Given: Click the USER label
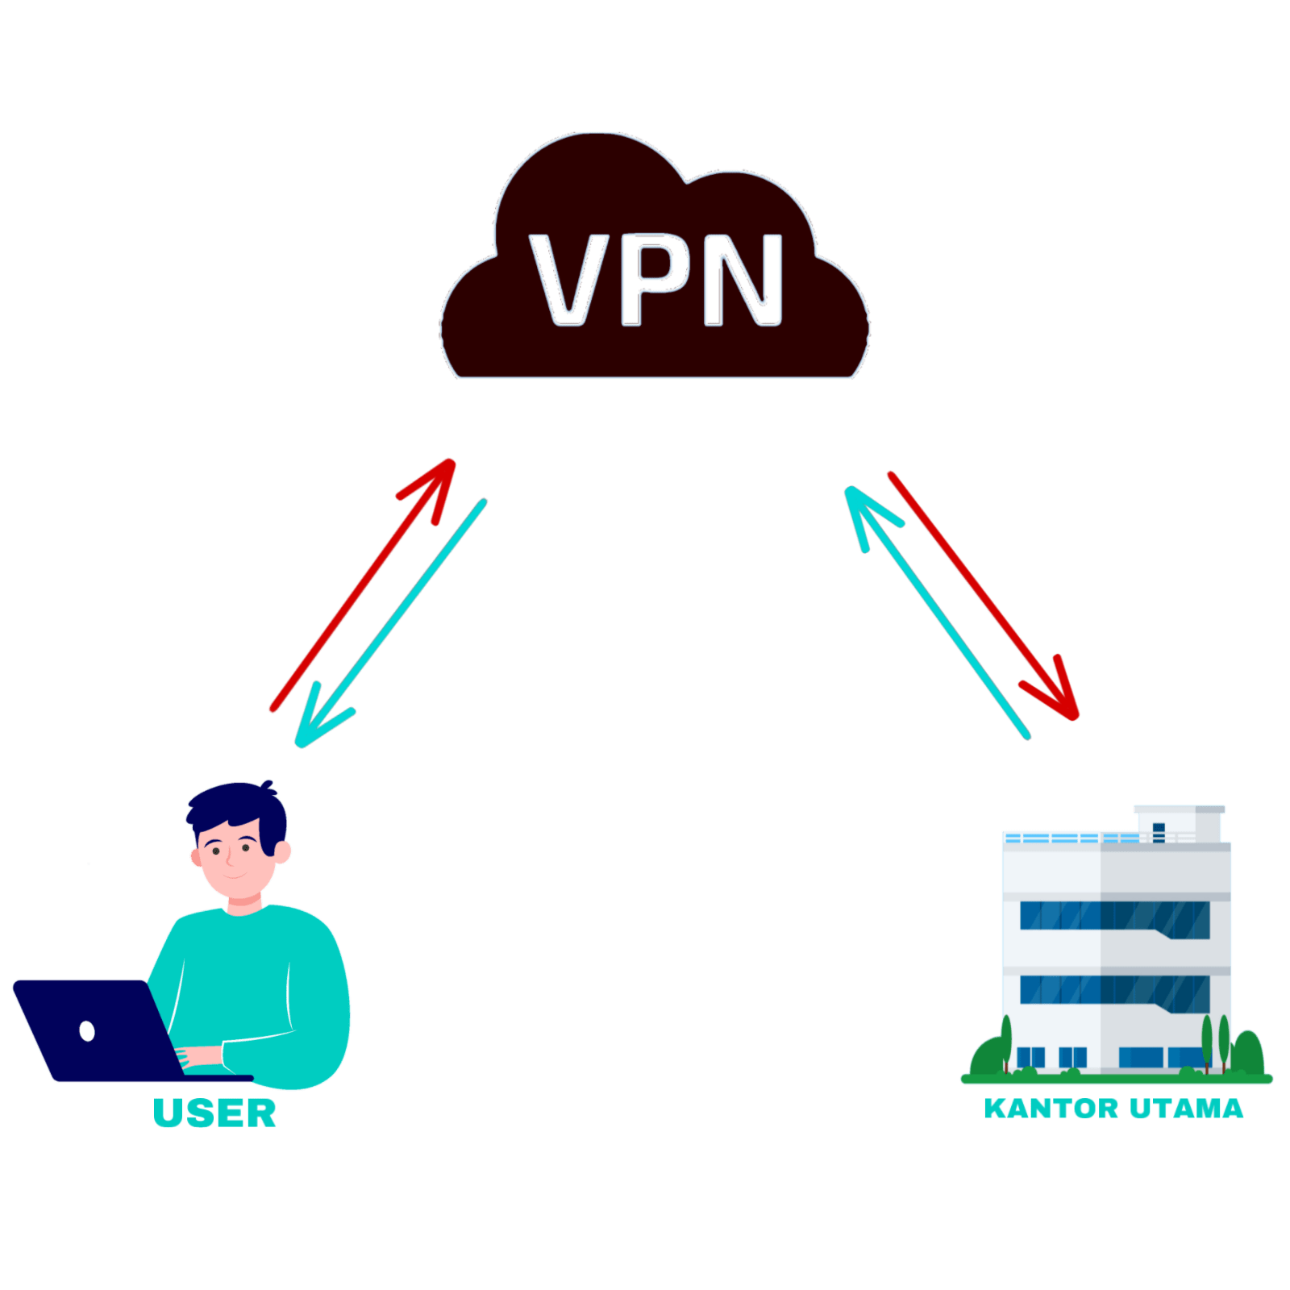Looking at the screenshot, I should (x=214, y=1113).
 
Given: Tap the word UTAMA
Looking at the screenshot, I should (x=1186, y=1109).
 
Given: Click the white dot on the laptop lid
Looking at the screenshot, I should (x=87, y=1030).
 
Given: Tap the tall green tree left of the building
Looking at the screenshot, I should (x=1006, y=1044).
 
